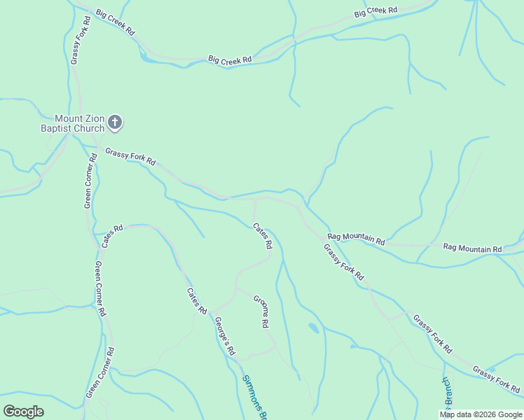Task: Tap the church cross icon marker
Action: pos(116,123)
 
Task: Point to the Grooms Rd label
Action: pos(261,311)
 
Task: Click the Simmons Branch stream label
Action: pos(254,398)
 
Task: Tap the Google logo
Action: pos(23,412)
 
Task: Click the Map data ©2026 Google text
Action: pos(481,414)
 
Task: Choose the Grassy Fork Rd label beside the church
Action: pos(130,156)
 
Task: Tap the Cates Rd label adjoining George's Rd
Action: pos(197,301)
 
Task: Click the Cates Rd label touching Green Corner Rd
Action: pos(112,235)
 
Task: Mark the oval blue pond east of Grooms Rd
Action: pos(313,328)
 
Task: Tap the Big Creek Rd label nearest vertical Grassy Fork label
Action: pos(115,17)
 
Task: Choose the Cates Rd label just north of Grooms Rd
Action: pos(262,236)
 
